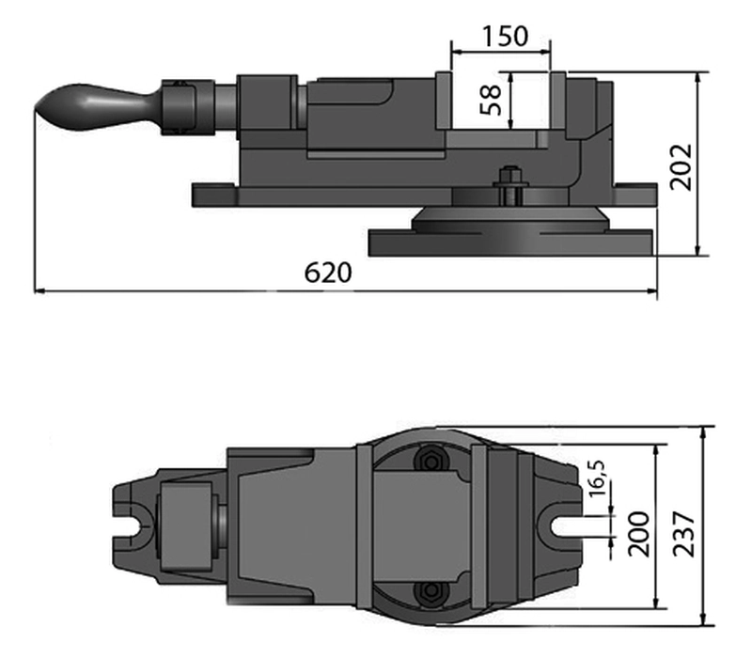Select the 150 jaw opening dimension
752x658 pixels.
point(504,37)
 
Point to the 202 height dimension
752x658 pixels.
point(681,166)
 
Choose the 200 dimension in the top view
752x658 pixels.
point(639,533)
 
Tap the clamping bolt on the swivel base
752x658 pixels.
point(509,185)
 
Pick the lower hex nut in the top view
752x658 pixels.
point(431,589)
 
